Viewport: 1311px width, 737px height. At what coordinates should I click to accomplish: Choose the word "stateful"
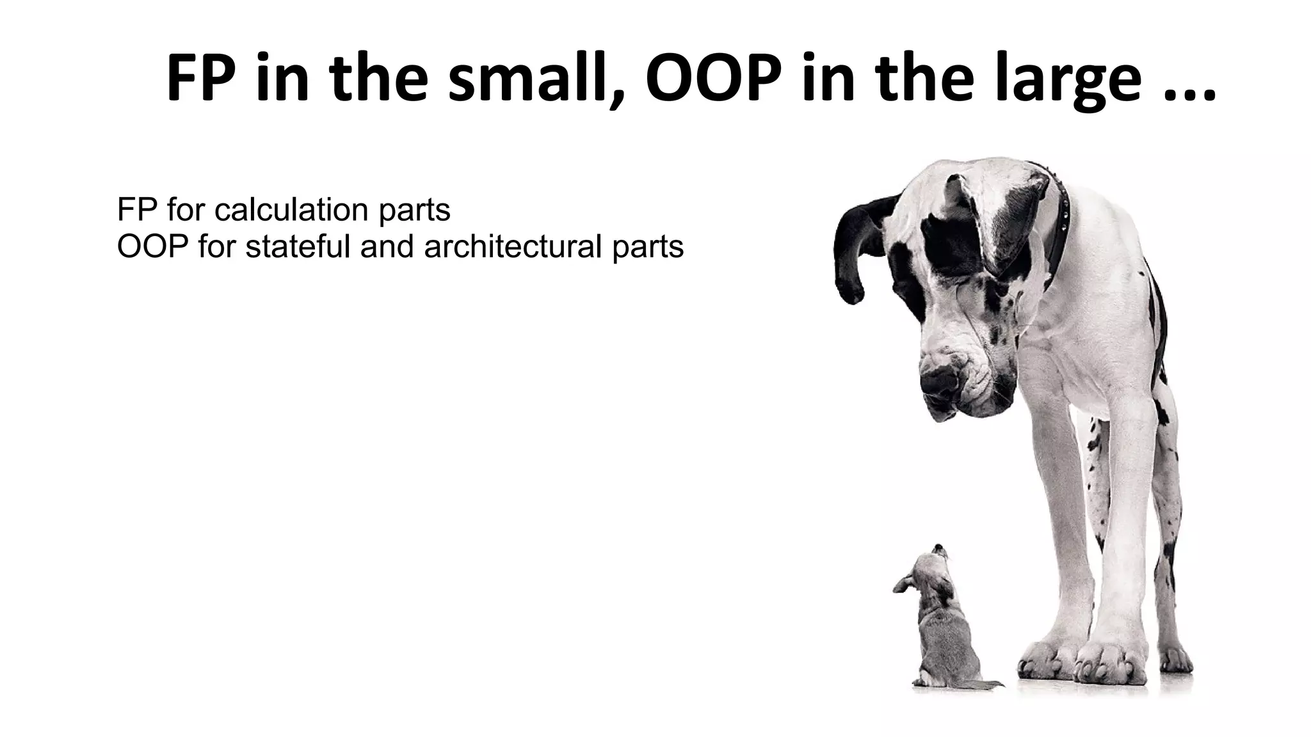pyautogui.click(x=298, y=246)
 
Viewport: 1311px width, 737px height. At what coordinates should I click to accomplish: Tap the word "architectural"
pyautogui.click(x=513, y=246)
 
